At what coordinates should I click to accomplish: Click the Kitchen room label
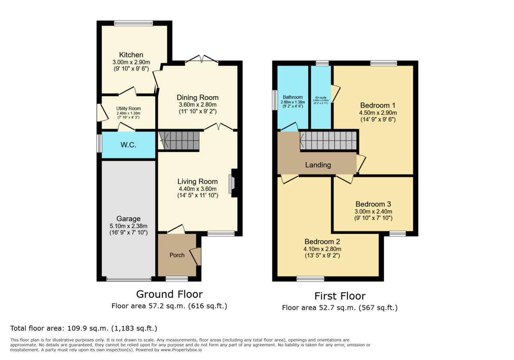click(131, 55)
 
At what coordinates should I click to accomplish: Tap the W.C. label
click(128, 145)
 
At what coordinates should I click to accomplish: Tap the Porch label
click(177, 255)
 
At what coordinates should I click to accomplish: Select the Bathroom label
click(292, 97)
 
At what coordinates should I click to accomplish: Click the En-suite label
click(320, 97)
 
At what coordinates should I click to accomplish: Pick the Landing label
click(318, 165)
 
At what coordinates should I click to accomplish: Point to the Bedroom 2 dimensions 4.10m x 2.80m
click(323, 249)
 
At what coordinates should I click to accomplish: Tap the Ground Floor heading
click(169, 294)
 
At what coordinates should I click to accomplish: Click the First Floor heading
click(340, 296)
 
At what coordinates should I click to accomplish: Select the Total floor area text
click(84, 328)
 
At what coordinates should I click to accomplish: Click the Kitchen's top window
click(133, 23)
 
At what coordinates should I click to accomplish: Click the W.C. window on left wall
click(99, 144)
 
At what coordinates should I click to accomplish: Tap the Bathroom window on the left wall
click(275, 100)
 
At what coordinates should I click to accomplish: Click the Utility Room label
click(128, 109)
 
